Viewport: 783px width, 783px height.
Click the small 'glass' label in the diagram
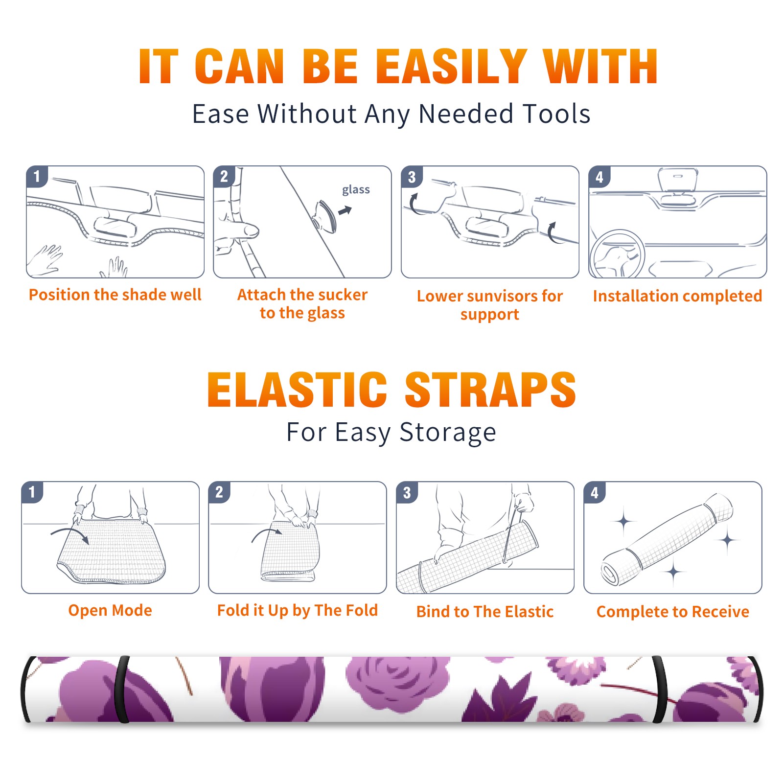tap(356, 190)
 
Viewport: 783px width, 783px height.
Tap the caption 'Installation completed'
tap(677, 296)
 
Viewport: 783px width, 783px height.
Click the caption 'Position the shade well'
tap(115, 295)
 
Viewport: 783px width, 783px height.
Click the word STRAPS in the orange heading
tap(490, 390)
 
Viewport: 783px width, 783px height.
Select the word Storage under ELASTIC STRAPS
tap(448, 433)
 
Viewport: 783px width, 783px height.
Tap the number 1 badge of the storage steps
tap(32, 492)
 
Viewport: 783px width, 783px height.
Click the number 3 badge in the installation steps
tap(412, 177)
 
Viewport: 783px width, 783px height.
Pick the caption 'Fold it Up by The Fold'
tap(298, 610)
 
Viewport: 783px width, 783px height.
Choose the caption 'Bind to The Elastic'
tap(485, 612)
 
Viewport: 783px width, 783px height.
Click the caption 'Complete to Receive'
tap(673, 612)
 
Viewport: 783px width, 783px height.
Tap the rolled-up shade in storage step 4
tap(667, 539)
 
